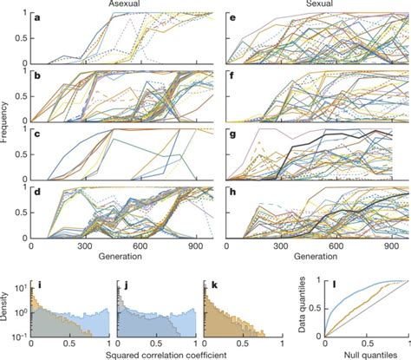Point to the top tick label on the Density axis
click(x=23, y=282)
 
